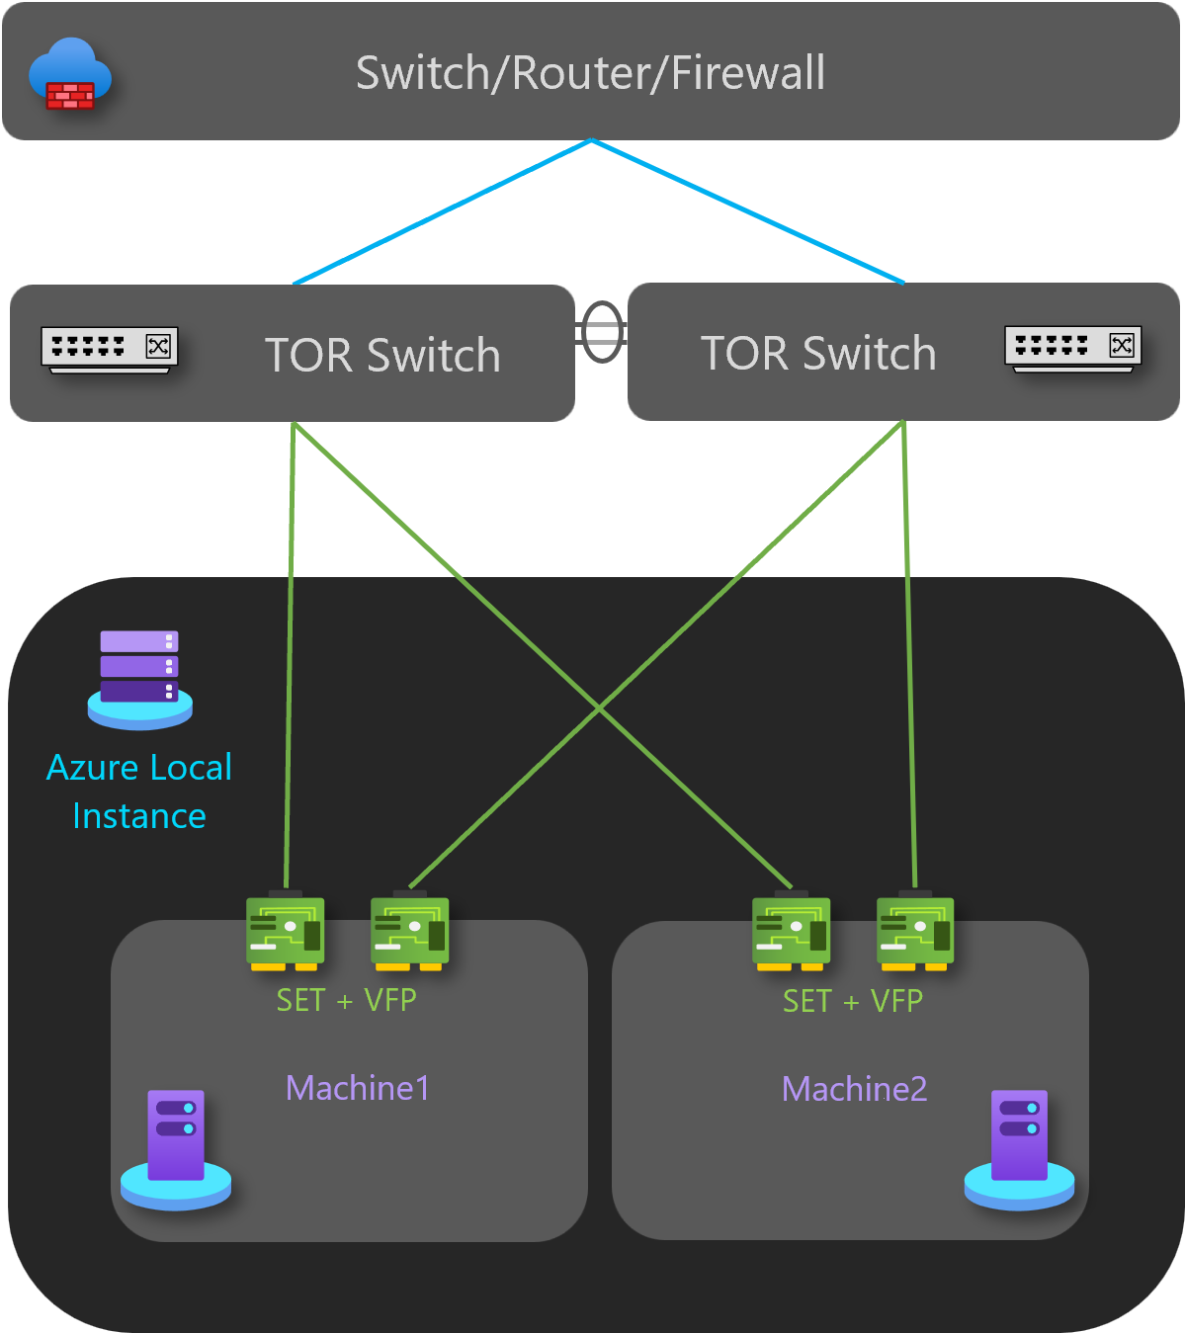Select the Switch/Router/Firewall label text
point(590,73)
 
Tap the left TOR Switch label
point(382,356)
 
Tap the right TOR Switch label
point(818,354)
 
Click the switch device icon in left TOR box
point(109,349)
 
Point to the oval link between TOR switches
point(602,333)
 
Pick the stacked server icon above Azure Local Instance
point(139,679)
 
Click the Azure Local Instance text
point(139,791)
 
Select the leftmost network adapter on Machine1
point(286,932)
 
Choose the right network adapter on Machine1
point(410,932)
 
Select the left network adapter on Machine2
point(792,932)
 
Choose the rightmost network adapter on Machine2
point(915,932)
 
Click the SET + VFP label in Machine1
point(346,1000)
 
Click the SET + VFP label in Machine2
point(853,1001)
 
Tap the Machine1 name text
point(358,1088)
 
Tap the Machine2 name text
point(855,1089)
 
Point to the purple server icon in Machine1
point(176,1147)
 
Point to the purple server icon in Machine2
point(1019,1147)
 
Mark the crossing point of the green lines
point(599,708)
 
